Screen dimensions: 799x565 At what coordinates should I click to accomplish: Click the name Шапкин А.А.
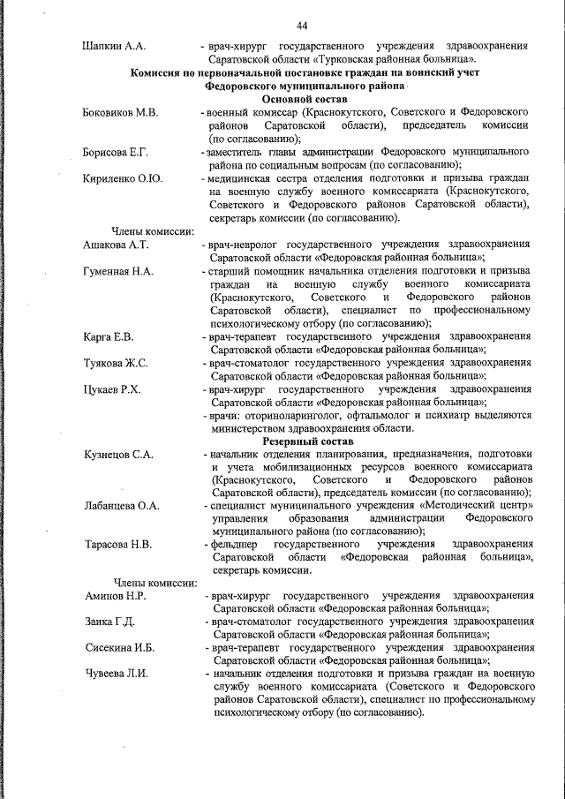point(114,44)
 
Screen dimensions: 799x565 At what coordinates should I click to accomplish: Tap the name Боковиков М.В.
point(120,113)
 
